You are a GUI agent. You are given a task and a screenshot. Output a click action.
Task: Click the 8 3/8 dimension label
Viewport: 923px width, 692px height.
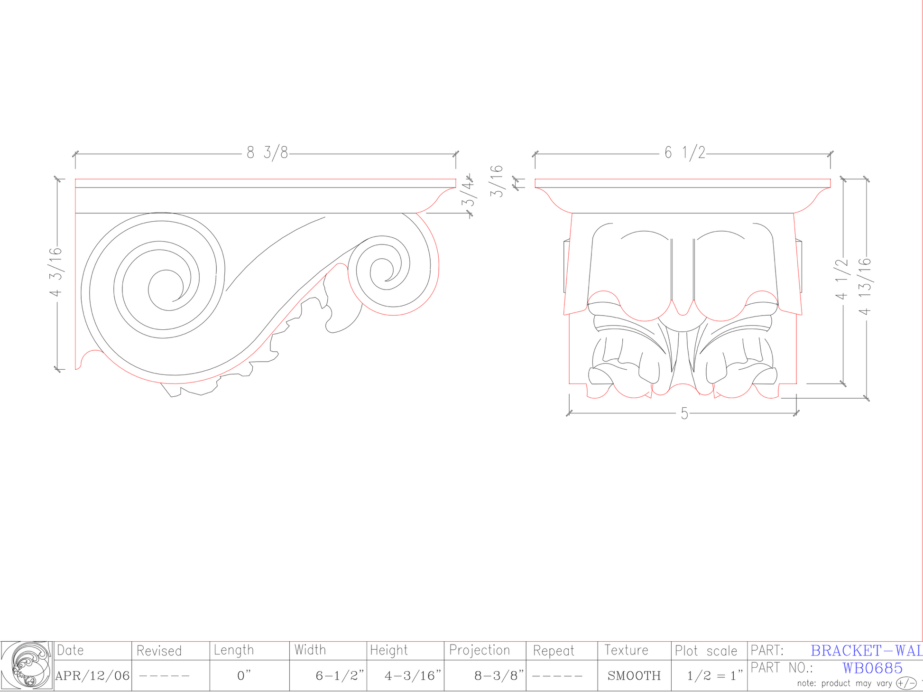click(x=267, y=153)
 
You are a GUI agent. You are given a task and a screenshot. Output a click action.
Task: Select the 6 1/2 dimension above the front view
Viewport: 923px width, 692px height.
click(x=685, y=153)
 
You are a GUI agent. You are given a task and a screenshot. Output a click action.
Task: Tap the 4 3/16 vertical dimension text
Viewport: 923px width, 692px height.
click(x=56, y=271)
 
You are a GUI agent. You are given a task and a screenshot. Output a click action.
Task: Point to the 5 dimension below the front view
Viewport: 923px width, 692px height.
click(x=684, y=413)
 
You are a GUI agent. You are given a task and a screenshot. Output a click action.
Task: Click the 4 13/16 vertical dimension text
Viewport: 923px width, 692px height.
click(x=865, y=286)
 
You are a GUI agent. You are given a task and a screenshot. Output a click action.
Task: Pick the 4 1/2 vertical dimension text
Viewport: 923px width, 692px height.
click(x=841, y=279)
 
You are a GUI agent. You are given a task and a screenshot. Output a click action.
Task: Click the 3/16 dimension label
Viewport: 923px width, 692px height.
click(x=496, y=181)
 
